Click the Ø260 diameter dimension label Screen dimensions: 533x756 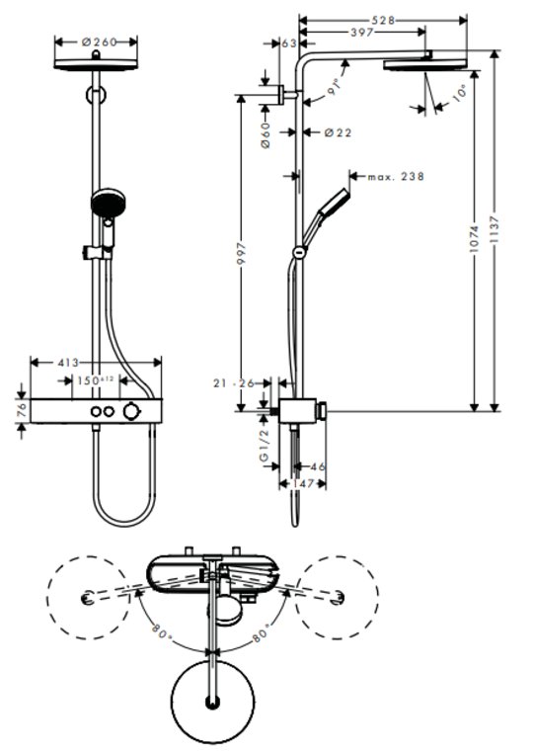tap(100, 42)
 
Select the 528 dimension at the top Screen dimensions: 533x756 tap(383, 20)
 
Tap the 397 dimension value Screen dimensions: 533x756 tap(361, 32)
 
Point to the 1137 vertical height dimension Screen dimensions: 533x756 tap(495, 231)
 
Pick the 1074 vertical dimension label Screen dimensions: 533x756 tap(474, 239)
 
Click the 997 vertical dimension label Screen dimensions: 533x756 tap(241, 254)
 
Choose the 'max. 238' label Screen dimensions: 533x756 tap(396, 177)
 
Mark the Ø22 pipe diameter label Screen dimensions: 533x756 tap(338, 132)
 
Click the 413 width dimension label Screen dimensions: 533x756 tap(68, 363)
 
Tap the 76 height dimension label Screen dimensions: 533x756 tap(22, 410)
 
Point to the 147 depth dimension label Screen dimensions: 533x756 tap(303, 483)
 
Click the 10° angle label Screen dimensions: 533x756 tap(460, 93)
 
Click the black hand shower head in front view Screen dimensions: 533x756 tap(108, 203)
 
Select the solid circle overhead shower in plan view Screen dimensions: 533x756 tap(213, 702)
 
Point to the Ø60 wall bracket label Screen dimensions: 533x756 tap(266, 135)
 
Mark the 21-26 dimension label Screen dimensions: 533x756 tap(234, 383)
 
